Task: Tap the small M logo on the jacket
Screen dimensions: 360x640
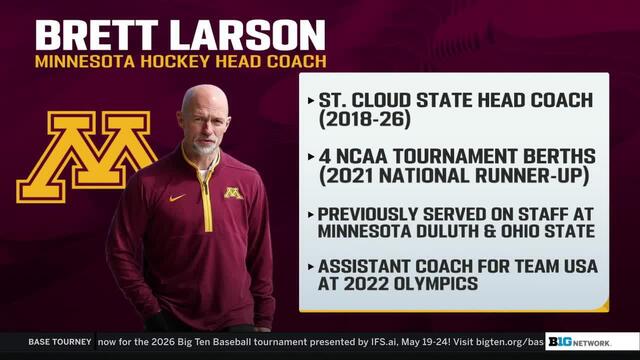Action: click(x=233, y=192)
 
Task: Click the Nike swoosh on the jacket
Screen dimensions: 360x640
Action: click(x=177, y=197)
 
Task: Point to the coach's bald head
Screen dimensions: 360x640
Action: click(x=204, y=100)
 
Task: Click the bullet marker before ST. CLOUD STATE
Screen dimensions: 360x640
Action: click(x=309, y=101)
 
